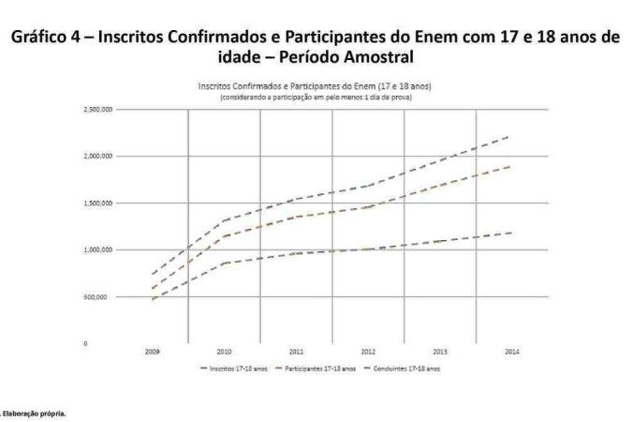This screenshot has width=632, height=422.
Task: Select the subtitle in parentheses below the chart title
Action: (x=315, y=98)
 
